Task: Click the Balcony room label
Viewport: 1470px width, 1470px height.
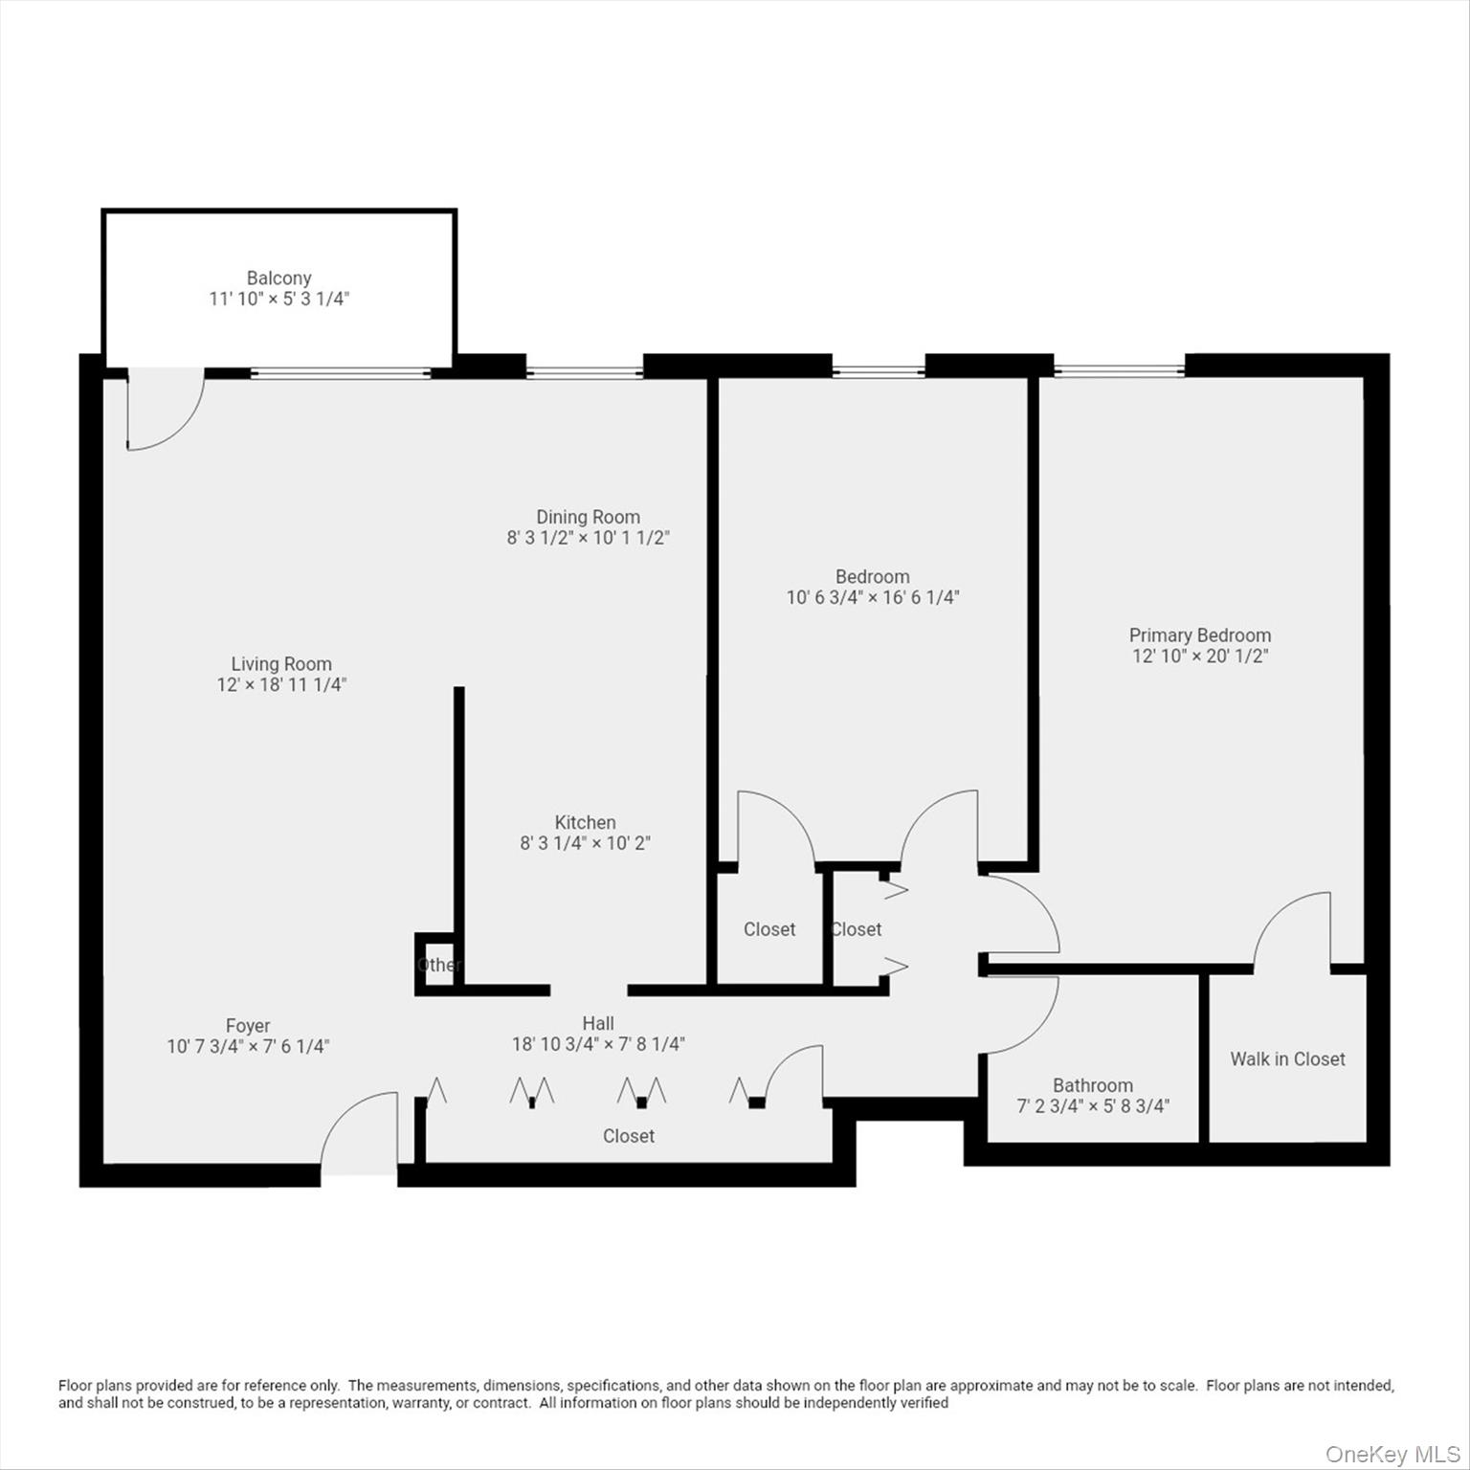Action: point(278,278)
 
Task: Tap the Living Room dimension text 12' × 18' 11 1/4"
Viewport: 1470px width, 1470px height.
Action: point(281,685)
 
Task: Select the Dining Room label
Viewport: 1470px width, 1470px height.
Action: point(588,517)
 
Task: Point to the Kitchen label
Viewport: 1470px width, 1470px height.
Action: point(585,822)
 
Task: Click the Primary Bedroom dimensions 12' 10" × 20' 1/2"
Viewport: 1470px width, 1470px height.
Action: point(1200,657)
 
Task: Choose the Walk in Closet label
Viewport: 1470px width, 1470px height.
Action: point(1287,1058)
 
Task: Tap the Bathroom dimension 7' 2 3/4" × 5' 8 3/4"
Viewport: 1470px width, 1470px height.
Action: point(1093,1106)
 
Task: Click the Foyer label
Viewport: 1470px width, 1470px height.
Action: point(248,1026)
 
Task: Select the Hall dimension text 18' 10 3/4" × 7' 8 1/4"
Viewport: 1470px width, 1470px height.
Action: point(598,1044)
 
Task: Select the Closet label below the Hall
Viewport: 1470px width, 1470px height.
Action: point(629,1136)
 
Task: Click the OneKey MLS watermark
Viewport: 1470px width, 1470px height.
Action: point(1392,1455)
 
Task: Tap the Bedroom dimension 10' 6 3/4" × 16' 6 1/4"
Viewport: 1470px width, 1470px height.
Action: point(873,598)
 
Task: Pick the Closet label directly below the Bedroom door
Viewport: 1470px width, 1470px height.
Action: point(769,929)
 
